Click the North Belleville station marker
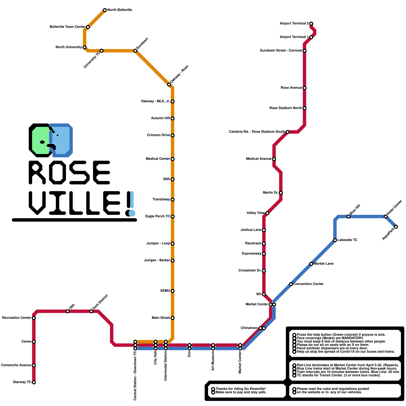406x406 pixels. pos(105,10)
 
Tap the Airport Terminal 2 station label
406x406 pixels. pos(294,24)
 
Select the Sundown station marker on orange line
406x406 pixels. pos(135,51)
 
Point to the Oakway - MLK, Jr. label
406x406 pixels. pos(155,101)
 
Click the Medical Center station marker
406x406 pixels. pos(173,159)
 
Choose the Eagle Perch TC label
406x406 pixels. pos(157,216)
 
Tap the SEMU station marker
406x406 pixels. pos(173,291)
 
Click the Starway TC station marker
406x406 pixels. pos(34,382)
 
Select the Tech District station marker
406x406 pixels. pos(91,311)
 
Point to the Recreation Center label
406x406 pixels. pos(16,318)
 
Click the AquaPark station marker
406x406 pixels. pos(396,227)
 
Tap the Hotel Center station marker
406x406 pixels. pos(386,216)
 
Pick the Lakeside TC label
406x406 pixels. pos(347,240)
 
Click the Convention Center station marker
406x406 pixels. pos(291,284)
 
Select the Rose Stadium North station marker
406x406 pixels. pos(304,108)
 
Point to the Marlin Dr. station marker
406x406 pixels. pos(281,193)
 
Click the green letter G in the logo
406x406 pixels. pos(41,140)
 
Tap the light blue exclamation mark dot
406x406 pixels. pos(132,213)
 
